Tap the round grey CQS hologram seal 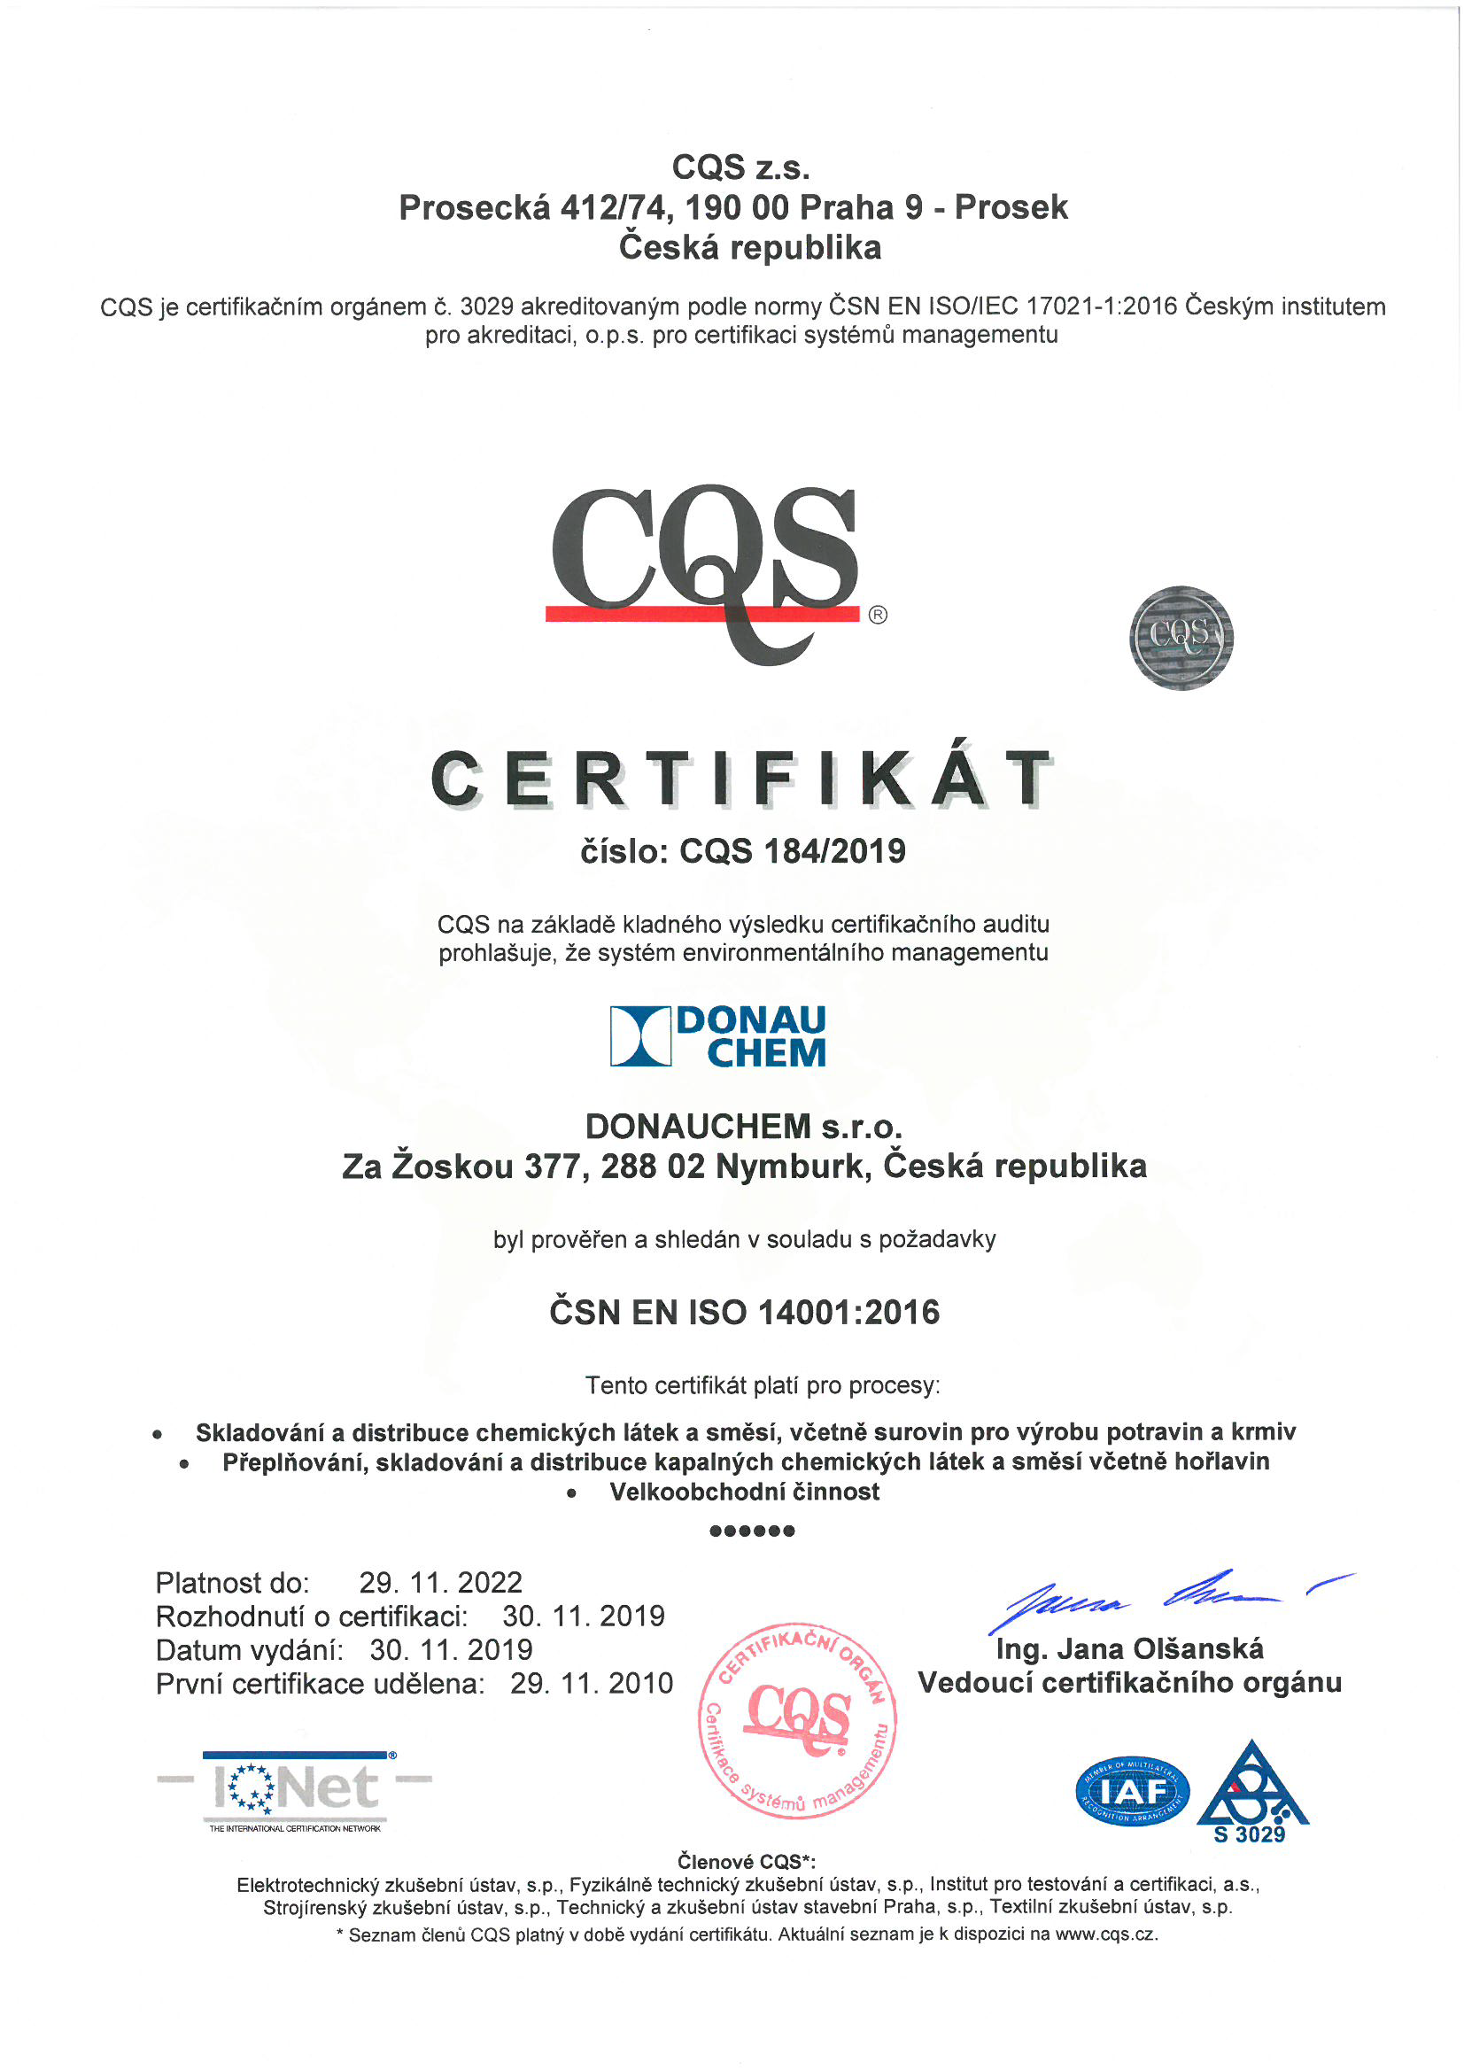point(1181,638)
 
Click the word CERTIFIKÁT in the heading point(741,779)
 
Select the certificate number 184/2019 point(834,851)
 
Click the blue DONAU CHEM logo point(717,1036)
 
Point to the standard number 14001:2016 point(848,1312)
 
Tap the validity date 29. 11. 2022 point(441,1582)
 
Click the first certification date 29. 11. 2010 point(592,1683)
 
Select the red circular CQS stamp point(798,1720)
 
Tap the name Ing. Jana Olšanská point(1129,1649)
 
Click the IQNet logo point(295,1789)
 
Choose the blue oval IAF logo point(1132,1791)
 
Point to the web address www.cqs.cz point(1105,1934)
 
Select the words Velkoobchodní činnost point(744,1492)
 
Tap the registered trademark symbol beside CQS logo point(877,615)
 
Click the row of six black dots point(752,1531)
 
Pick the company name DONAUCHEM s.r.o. point(744,1126)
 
